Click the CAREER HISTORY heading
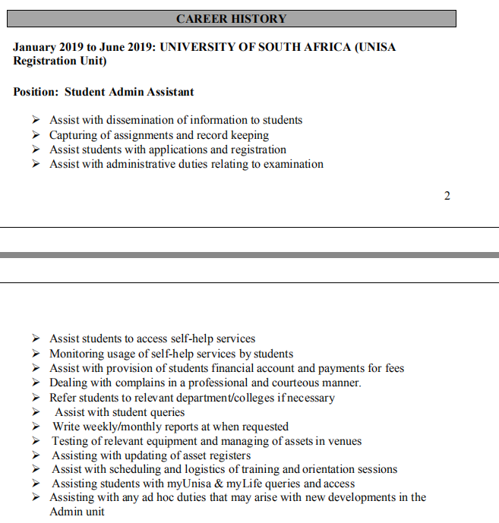point(232,18)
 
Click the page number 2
point(447,196)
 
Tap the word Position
point(35,92)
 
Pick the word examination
point(293,164)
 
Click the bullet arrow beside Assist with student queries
point(36,412)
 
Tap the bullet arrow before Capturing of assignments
point(36,135)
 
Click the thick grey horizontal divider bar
point(249,255)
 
